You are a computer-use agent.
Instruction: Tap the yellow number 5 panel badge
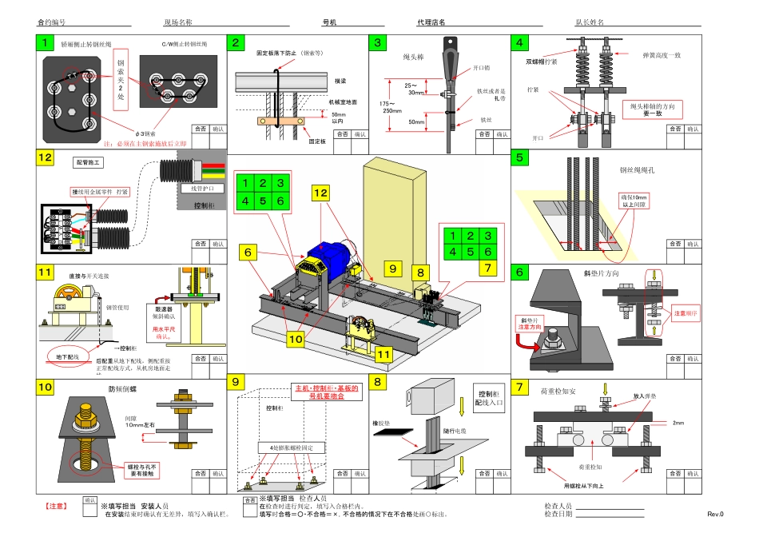click(x=521, y=157)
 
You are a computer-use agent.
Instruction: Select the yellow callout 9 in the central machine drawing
click(x=392, y=267)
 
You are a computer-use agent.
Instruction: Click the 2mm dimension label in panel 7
click(x=678, y=423)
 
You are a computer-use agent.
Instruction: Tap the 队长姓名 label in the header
click(x=590, y=24)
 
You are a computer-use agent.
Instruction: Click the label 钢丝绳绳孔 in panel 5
click(x=636, y=170)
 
